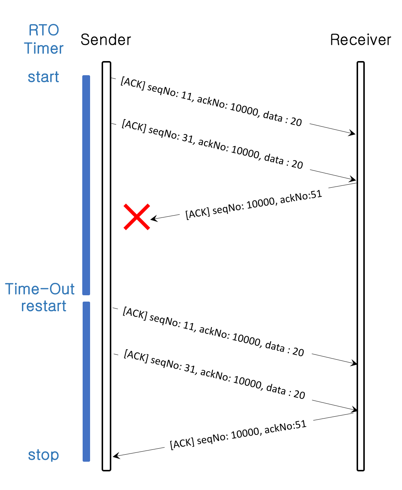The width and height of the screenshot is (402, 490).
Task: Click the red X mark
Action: [x=137, y=217]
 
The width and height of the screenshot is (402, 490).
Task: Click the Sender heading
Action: [x=106, y=40]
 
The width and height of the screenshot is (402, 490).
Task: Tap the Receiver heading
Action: [x=360, y=40]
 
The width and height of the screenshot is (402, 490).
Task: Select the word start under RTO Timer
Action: [x=44, y=77]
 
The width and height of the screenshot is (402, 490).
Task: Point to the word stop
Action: [x=44, y=455]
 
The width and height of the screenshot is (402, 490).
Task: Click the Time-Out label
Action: [x=40, y=289]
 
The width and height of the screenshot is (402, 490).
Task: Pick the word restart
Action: [x=44, y=306]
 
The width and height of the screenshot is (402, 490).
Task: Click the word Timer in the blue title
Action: [x=44, y=48]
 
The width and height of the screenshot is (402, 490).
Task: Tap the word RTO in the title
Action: [x=44, y=30]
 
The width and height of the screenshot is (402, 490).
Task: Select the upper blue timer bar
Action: [x=86, y=185]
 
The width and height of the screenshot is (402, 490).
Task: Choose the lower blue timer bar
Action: [x=86, y=381]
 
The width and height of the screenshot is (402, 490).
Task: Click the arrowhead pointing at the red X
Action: [x=153, y=219]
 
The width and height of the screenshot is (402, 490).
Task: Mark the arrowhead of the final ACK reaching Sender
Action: [x=115, y=456]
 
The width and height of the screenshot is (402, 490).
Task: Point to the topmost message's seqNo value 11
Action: [x=186, y=96]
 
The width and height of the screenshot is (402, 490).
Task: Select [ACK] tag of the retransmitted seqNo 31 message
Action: [x=136, y=356]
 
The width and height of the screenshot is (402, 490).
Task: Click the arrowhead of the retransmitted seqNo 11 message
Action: [x=354, y=363]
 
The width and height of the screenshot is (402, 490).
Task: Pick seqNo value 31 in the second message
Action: [x=188, y=139]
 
